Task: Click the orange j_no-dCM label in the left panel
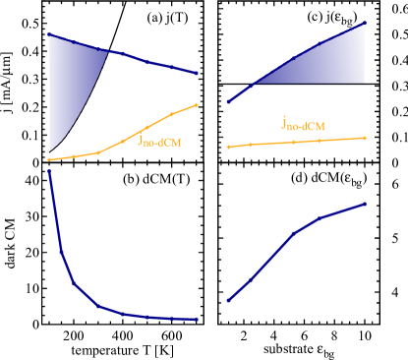(x=159, y=142)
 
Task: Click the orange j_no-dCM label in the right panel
(x=303, y=124)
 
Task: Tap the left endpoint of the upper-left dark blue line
(x=49, y=34)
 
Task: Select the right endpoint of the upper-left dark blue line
(x=198, y=73)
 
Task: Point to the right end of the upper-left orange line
(x=198, y=104)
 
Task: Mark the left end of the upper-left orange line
(x=49, y=159)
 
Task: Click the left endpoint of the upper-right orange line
(x=228, y=147)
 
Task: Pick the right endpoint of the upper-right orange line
(x=366, y=138)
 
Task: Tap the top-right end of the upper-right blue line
(x=366, y=22)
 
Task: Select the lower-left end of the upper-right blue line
(x=228, y=101)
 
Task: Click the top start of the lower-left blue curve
(x=49, y=171)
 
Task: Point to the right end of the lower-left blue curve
(x=198, y=319)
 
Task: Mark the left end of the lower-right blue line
(x=228, y=300)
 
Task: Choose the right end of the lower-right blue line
(x=366, y=204)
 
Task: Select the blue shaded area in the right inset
(x=324, y=64)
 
